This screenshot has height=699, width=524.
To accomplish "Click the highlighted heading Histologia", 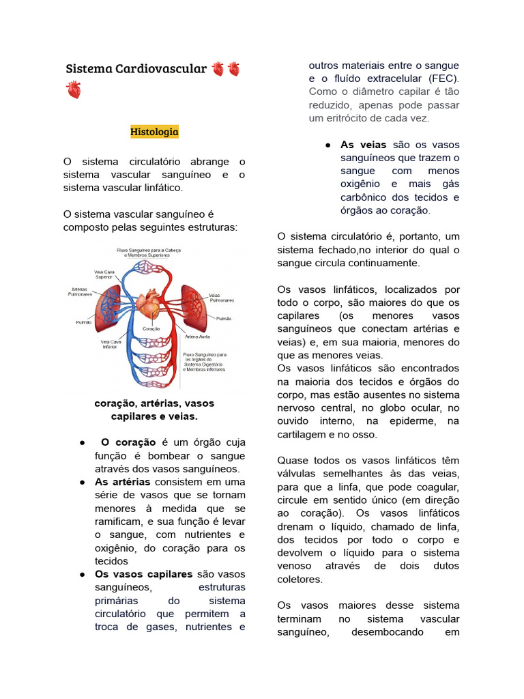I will [x=154, y=131].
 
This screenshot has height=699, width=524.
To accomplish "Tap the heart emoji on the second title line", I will [x=74, y=89].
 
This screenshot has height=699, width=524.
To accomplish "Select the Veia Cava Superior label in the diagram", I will [x=104, y=274].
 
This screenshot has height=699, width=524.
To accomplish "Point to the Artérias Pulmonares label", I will [x=81, y=291].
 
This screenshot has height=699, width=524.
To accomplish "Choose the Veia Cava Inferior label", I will [x=111, y=344].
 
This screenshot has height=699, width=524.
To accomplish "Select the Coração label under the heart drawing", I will [x=151, y=329].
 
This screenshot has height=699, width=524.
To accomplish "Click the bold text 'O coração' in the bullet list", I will [x=128, y=442].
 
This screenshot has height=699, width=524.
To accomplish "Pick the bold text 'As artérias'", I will [x=122, y=482].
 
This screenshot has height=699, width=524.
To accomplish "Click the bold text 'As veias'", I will [x=363, y=145].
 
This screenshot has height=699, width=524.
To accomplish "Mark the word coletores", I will [x=300, y=579].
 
